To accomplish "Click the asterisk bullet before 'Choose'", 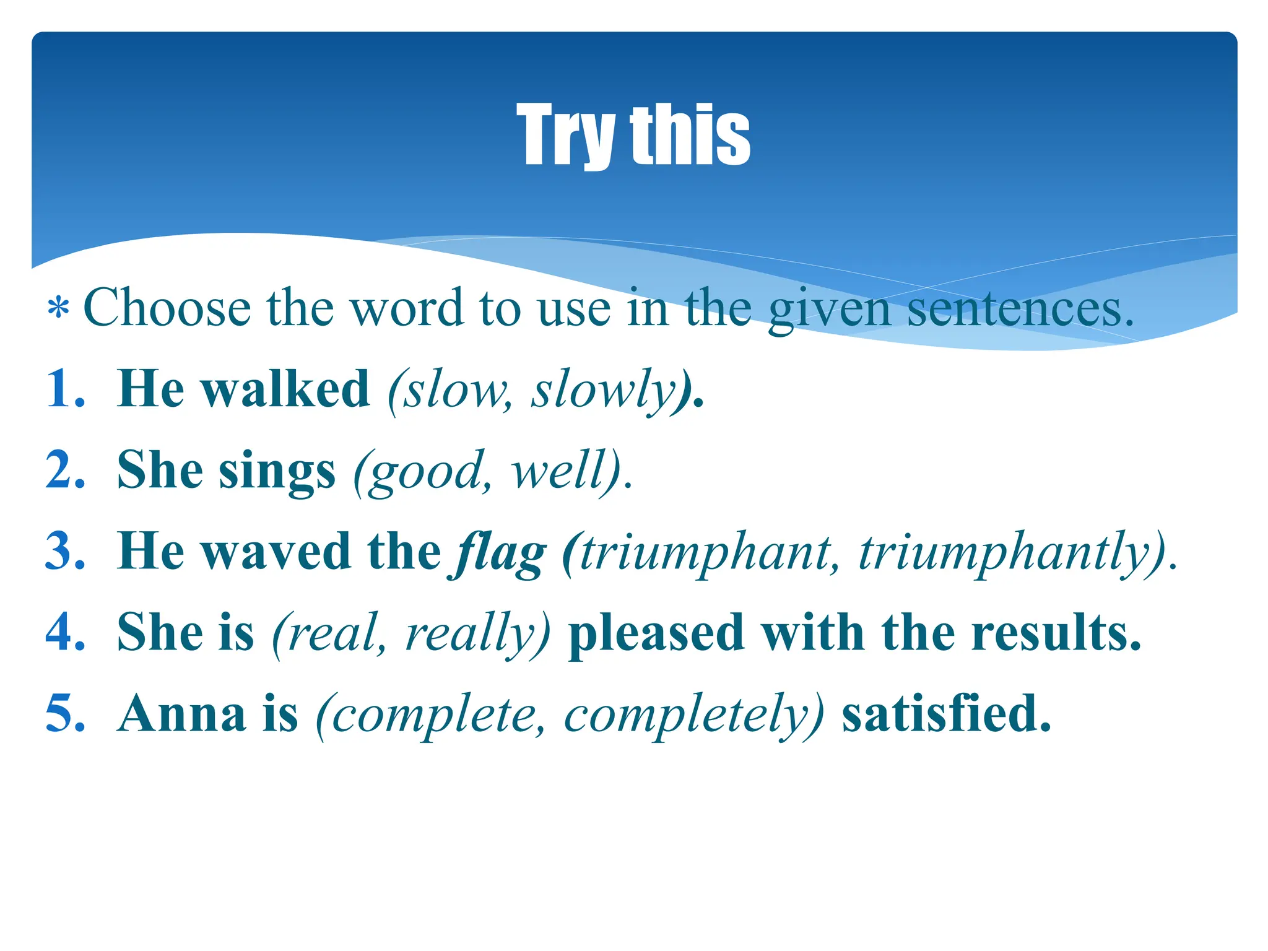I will [58, 308].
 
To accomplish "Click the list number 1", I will [64, 389].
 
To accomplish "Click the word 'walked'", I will [286, 389].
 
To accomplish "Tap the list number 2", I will [64, 470].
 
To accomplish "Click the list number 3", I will [64, 551].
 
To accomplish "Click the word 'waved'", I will [276, 551].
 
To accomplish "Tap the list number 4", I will [64, 632].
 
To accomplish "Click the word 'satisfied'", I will [946, 714].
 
